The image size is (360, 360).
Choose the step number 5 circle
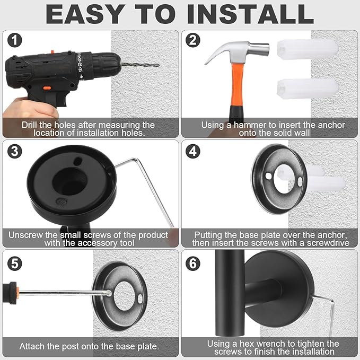14,262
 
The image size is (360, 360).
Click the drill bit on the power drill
140,65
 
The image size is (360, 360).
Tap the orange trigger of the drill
47,87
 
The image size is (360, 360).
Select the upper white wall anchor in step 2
308,49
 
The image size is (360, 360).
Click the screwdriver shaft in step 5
64,293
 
